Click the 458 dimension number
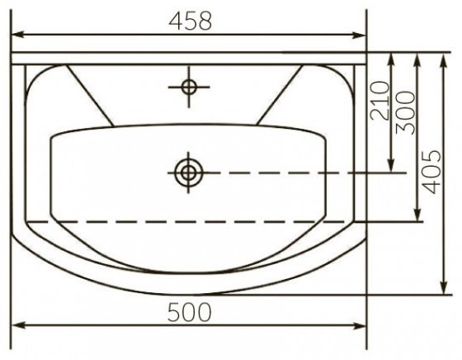(190, 21)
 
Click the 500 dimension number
(189, 312)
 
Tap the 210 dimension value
(379, 101)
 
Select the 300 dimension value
(405, 112)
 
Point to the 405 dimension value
(431, 172)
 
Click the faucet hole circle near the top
(189, 87)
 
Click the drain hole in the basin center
(189, 173)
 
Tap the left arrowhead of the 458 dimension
(17, 35)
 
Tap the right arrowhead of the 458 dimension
(359, 35)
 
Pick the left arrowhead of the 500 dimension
(17, 325)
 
